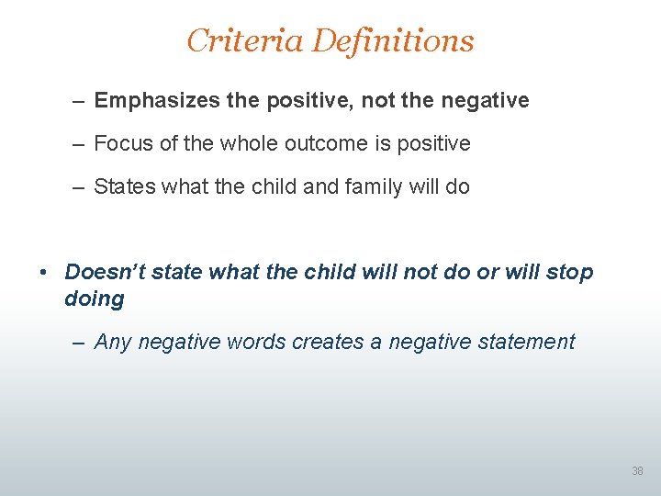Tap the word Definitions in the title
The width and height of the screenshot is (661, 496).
pos(393,40)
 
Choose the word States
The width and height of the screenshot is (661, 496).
pos(125,186)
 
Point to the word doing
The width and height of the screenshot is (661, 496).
pos(94,299)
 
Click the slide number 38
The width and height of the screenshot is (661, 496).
pos(637,471)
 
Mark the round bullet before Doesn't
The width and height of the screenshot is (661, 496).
pos(43,273)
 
